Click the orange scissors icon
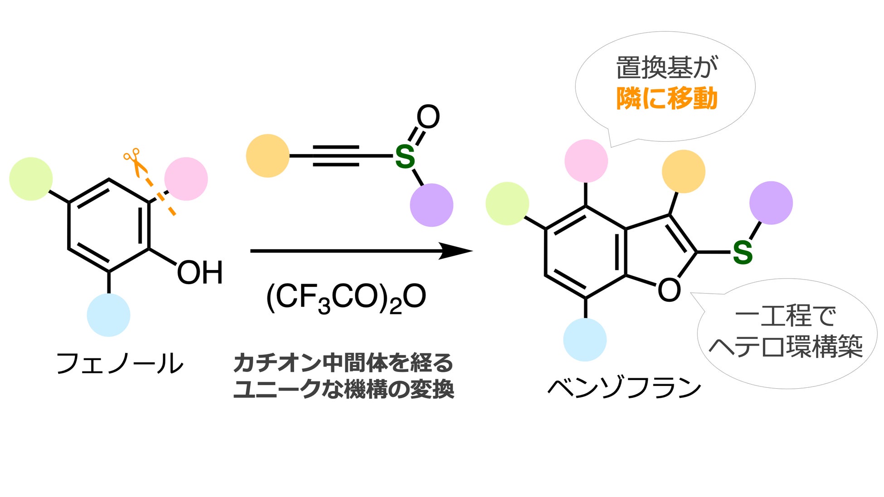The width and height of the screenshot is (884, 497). point(135,162)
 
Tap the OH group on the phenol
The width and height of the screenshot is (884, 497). point(199,273)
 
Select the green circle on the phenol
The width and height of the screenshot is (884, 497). point(31,179)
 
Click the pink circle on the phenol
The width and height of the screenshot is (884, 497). point(186,179)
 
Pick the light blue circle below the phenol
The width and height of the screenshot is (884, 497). point(108,315)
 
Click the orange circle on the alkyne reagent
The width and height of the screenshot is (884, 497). point(267,156)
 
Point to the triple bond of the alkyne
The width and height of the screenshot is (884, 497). point(336,156)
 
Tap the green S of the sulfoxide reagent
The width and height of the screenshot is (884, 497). point(405,157)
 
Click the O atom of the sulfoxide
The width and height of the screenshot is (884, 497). point(428,117)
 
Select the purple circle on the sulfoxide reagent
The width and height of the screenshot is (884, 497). point(431,205)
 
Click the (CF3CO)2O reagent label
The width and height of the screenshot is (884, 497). point(345,298)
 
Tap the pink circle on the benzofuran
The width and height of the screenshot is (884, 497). point(586,161)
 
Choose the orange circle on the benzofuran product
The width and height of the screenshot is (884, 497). point(683,172)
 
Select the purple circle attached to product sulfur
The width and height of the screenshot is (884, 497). point(771,203)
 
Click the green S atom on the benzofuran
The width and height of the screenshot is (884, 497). point(743,252)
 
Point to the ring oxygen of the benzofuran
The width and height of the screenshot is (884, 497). point(669,290)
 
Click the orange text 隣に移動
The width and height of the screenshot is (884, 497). point(666,98)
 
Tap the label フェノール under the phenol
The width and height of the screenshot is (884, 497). point(120,363)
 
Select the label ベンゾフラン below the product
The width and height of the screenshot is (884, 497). point(625,388)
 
